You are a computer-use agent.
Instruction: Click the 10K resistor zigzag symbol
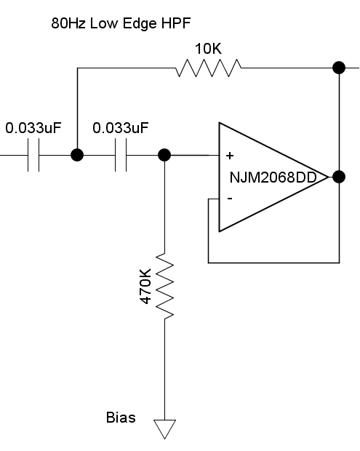(x=209, y=68)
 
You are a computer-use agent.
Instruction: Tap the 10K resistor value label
(x=209, y=49)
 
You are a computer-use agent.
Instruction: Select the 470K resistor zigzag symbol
(x=165, y=286)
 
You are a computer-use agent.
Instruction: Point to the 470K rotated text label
(x=145, y=286)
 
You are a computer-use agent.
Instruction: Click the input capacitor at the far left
(x=33, y=155)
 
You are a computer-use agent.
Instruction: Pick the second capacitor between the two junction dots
(x=121, y=155)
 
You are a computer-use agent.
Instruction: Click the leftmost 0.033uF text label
(x=33, y=128)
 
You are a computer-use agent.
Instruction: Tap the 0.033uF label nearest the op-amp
(x=121, y=128)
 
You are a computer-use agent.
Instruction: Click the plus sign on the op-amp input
(x=230, y=156)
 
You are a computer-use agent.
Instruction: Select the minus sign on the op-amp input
(x=230, y=198)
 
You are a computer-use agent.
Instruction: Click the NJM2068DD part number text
(x=273, y=177)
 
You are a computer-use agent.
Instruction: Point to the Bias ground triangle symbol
(x=165, y=429)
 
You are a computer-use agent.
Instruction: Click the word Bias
(x=121, y=418)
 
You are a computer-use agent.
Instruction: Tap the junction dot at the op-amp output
(x=339, y=177)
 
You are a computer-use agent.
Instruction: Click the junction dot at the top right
(x=339, y=68)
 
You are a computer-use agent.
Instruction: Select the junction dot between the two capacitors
(x=77, y=155)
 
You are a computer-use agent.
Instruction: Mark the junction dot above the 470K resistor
(x=164, y=155)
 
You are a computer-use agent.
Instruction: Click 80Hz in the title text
(x=68, y=23)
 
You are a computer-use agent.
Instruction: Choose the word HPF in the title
(x=176, y=23)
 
